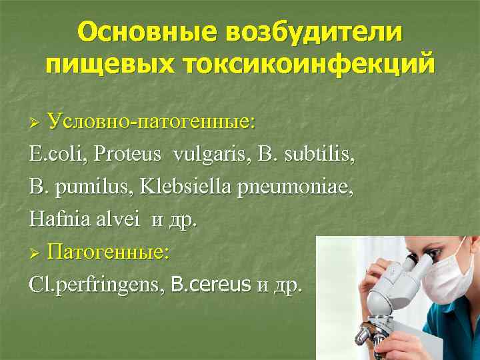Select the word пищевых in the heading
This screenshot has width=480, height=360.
tap(109, 65)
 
